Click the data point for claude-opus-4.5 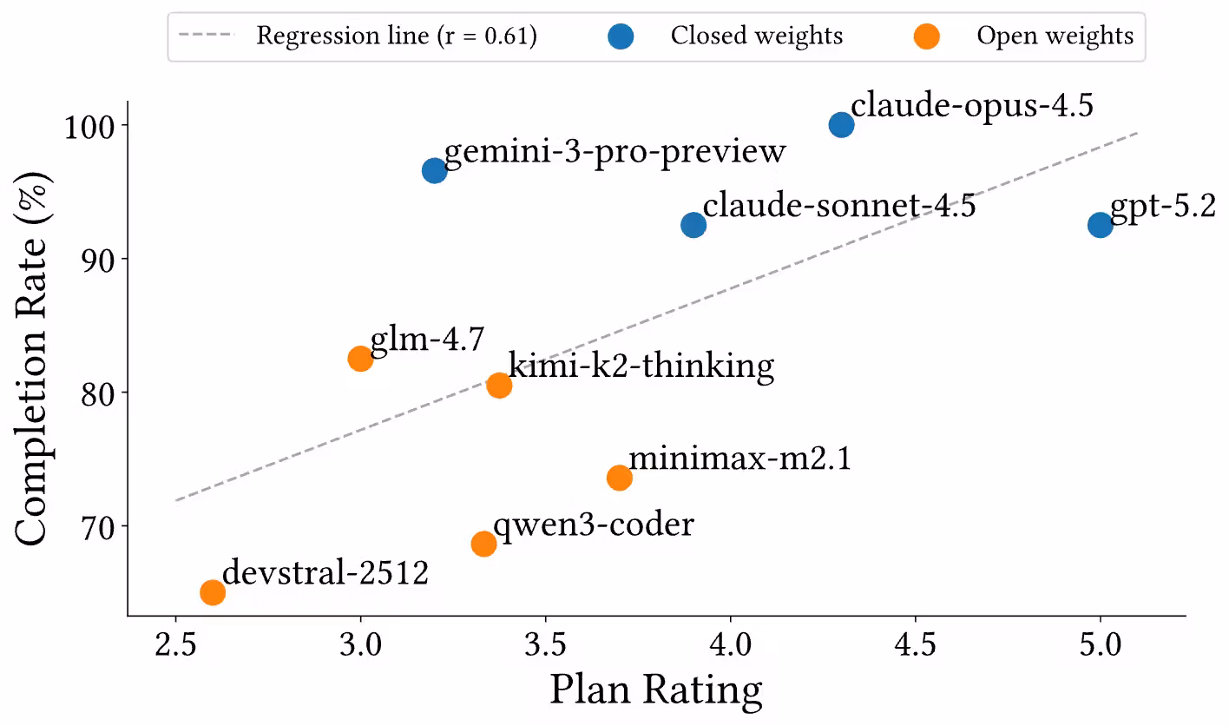(x=841, y=125)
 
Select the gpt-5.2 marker (x=1100, y=225)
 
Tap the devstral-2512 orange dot (x=213, y=592)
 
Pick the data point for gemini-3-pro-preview (x=434, y=170)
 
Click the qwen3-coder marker (x=483, y=544)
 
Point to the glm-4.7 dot (x=360, y=359)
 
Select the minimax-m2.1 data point (x=619, y=478)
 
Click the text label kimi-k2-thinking (x=641, y=366)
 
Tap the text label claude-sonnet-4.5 (x=839, y=207)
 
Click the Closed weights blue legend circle (x=621, y=36)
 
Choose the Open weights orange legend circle (x=927, y=36)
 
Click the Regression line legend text (x=397, y=36)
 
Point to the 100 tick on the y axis (x=89, y=126)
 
